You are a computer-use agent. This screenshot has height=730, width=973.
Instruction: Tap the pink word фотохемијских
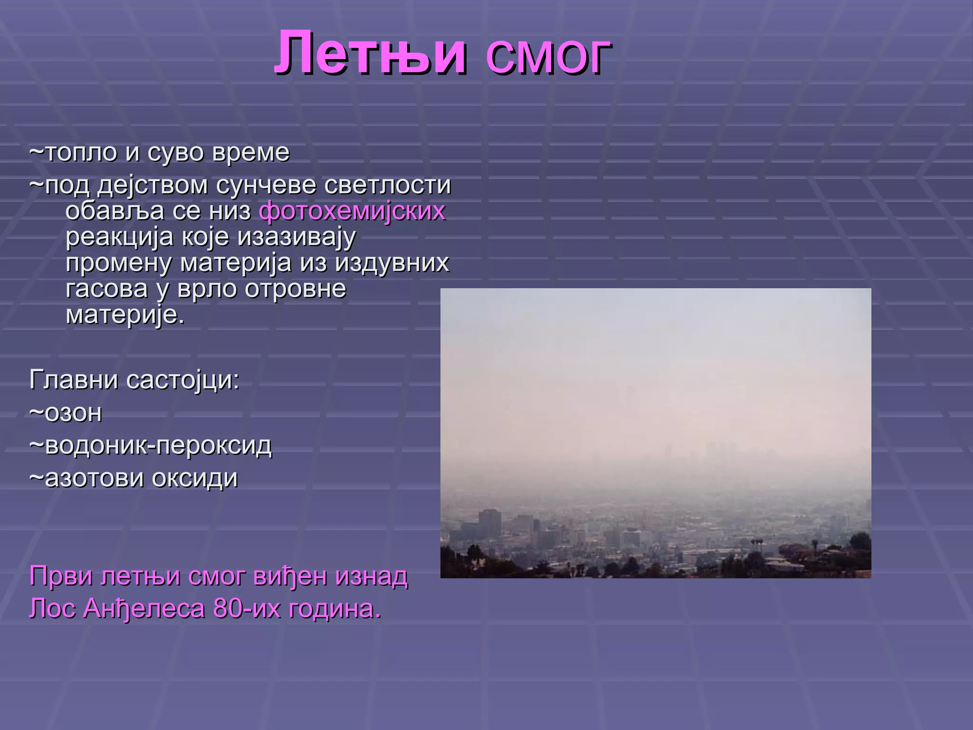click(x=352, y=211)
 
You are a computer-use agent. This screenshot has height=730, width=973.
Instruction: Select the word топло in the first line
click(x=81, y=153)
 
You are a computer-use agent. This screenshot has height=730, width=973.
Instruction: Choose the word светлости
click(x=387, y=185)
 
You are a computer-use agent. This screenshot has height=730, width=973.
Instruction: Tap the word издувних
click(x=392, y=263)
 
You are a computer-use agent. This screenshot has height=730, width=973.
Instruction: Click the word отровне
click(x=295, y=289)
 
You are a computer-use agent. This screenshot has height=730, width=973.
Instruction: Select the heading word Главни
click(x=73, y=380)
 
